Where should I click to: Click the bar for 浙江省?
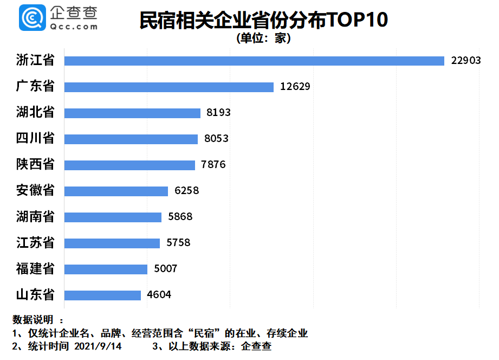tap(254, 61)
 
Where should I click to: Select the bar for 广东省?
tap(169, 87)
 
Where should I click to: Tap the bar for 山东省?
tap(102, 295)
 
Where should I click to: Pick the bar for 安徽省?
tap(116, 191)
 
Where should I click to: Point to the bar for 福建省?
tap(106, 269)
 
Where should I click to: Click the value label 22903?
tap(466, 61)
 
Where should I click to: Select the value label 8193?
tap(218, 113)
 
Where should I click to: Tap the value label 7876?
tap(213, 165)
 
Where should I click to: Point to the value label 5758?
tap(178, 243)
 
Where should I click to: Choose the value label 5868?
tap(180, 217)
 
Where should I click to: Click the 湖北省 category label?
tap(36, 113)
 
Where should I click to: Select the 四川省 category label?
tap(36, 139)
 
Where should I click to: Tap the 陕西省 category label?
tap(36, 165)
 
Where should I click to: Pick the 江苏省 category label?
tap(36, 243)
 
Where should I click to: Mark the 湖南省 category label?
tap(36, 217)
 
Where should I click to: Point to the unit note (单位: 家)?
tap(264, 38)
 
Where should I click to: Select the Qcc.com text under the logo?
tap(73, 26)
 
